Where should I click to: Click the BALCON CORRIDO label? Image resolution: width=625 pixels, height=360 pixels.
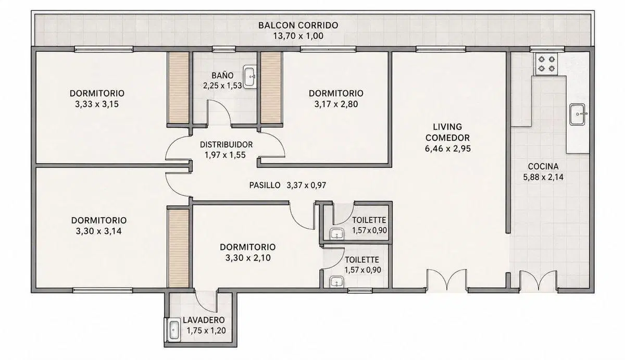click(x=298, y=25)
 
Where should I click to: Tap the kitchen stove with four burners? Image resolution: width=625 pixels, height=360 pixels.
click(x=546, y=64)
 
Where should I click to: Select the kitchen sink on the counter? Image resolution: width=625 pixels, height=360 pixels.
click(x=578, y=114)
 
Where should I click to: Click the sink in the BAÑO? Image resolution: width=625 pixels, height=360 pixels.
click(x=249, y=77)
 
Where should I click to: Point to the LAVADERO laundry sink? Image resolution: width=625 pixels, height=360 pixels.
click(x=173, y=330)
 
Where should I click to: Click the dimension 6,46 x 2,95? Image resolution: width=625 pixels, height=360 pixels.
click(x=448, y=148)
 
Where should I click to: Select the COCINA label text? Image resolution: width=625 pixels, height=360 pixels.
click(x=543, y=166)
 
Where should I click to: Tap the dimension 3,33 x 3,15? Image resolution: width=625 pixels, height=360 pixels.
click(x=97, y=104)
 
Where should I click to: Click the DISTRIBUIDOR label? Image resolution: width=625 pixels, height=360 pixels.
click(x=226, y=144)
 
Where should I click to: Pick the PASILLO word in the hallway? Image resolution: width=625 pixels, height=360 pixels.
click(x=265, y=185)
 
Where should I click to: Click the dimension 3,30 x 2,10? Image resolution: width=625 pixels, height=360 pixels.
click(x=248, y=257)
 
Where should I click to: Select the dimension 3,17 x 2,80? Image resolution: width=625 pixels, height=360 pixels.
click(x=336, y=104)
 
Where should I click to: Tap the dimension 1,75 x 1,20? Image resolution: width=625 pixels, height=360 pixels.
click(x=206, y=331)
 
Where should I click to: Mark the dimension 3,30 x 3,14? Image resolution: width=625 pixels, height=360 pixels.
click(x=98, y=231)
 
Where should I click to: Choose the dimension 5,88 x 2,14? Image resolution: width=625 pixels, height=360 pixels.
click(x=543, y=177)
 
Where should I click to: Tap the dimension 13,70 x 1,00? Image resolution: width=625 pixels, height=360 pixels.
click(x=298, y=36)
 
